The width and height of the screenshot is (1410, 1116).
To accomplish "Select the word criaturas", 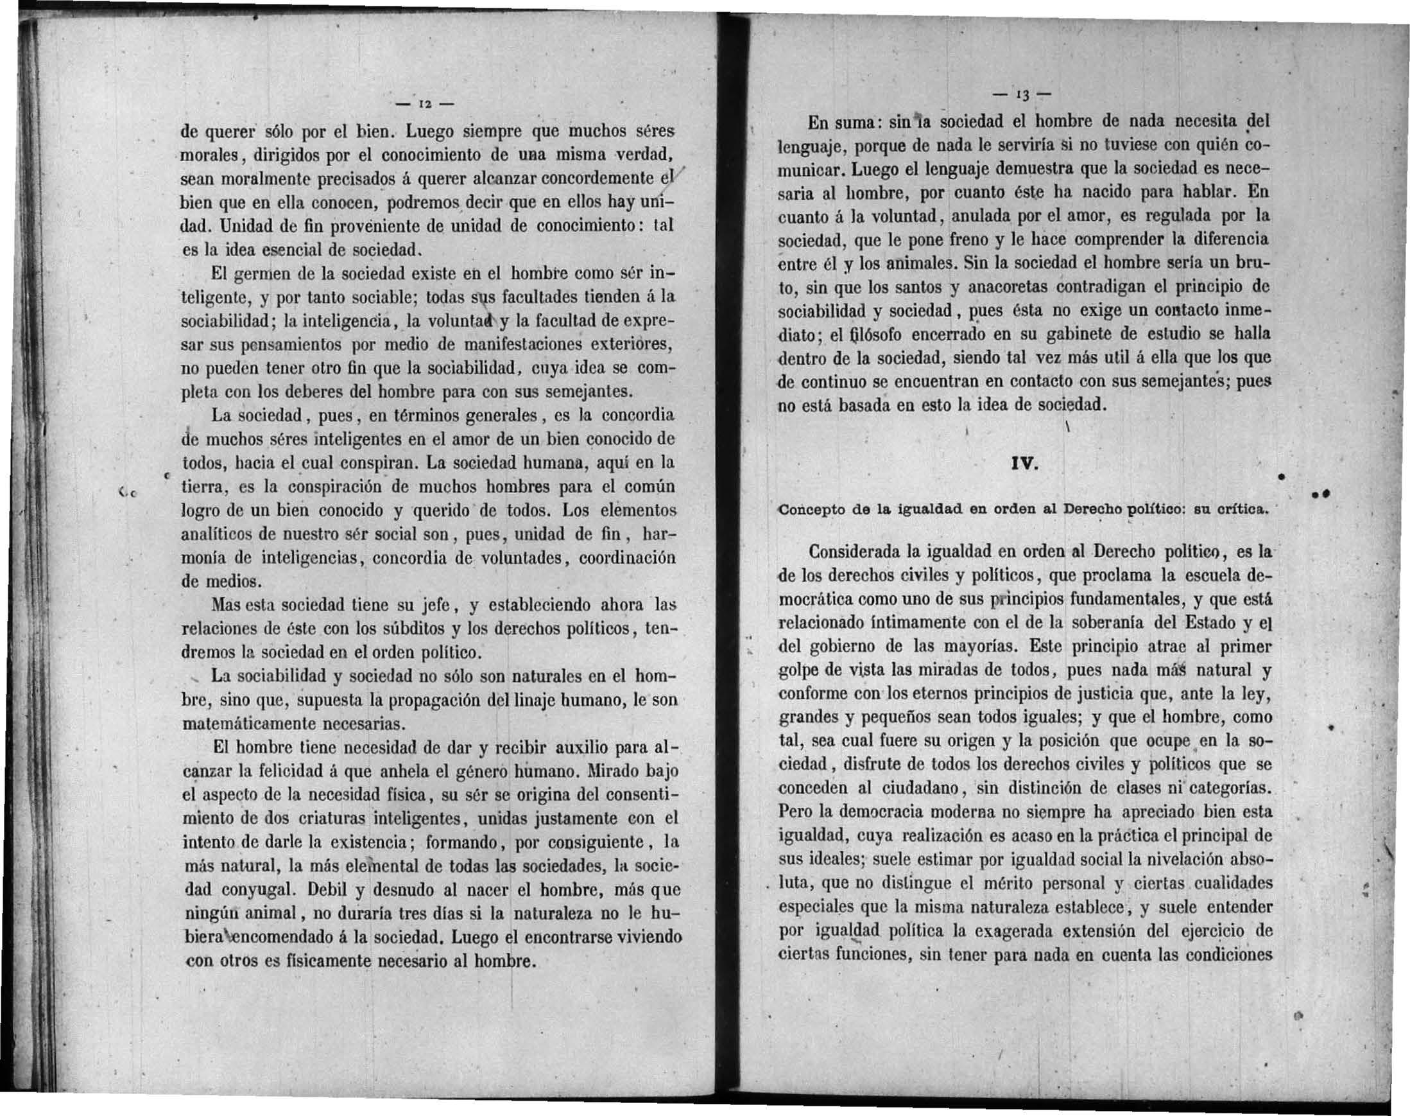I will click(330, 819).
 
